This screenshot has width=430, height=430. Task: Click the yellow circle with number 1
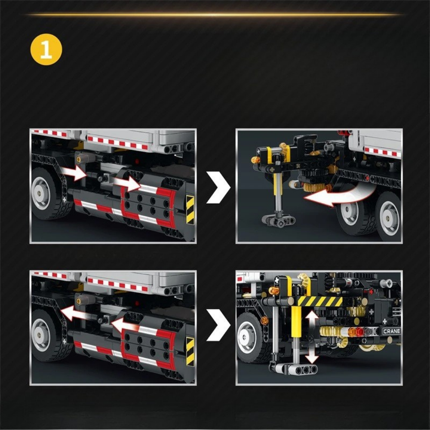(46, 49)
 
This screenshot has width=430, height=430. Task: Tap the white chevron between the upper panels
(218, 187)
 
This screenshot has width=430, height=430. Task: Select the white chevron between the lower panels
(218, 325)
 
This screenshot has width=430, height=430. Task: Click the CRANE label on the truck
(391, 331)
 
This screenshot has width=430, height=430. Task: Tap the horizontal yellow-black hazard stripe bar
(320, 301)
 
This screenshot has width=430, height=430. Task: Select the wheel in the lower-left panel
(44, 335)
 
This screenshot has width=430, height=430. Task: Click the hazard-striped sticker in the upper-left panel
(190, 209)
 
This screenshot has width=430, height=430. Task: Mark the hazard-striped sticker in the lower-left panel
(190, 351)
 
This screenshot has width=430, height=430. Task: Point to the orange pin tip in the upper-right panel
(255, 160)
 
